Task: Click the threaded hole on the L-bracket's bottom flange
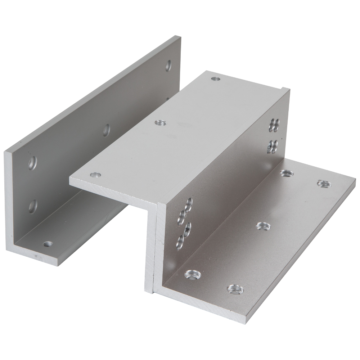[46, 244]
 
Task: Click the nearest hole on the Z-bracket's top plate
[95, 175]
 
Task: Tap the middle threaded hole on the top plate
[158, 123]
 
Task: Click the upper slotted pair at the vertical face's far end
[275, 123]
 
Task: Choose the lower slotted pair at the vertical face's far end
[272, 146]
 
